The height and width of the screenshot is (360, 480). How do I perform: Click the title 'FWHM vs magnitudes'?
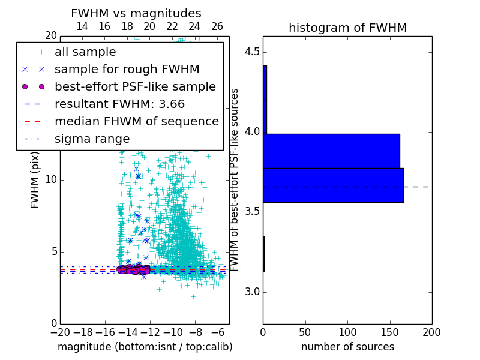point(136,14)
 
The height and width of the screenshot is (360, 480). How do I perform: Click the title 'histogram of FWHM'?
point(347,28)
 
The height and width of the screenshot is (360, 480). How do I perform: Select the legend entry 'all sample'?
point(85,52)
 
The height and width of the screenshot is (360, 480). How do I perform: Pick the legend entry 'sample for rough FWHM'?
point(112,70)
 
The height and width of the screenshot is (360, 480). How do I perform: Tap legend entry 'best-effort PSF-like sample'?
point(135,86)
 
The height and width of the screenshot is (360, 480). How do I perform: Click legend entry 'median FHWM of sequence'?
point(136,121)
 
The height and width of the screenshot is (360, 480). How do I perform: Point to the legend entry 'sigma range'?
point(92,139)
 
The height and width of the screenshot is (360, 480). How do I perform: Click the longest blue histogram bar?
point(333,185)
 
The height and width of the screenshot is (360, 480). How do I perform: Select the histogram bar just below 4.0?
point(331,151)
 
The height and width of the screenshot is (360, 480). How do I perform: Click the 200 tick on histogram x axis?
point(431,332)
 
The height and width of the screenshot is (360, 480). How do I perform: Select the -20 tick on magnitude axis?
point(60,332)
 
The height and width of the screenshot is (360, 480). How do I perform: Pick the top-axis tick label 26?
point(217,26)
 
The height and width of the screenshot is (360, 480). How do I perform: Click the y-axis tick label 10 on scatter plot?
point(50,180)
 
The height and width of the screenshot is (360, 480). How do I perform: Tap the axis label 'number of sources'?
point(347,347)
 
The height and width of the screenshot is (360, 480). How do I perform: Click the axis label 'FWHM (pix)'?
point(35,180)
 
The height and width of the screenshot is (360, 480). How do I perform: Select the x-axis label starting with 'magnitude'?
point(145,347)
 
